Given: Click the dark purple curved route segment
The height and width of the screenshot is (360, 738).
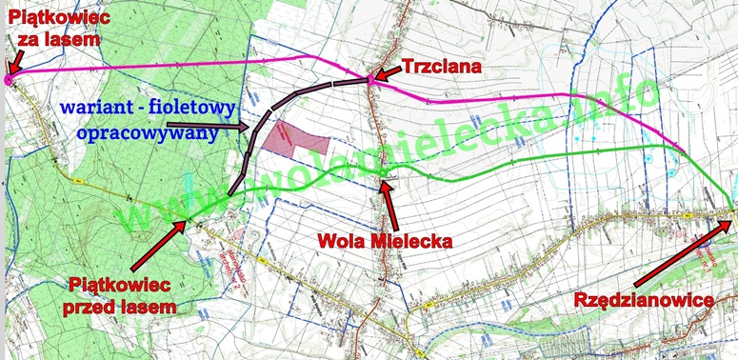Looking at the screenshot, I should [x=276, y=106].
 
